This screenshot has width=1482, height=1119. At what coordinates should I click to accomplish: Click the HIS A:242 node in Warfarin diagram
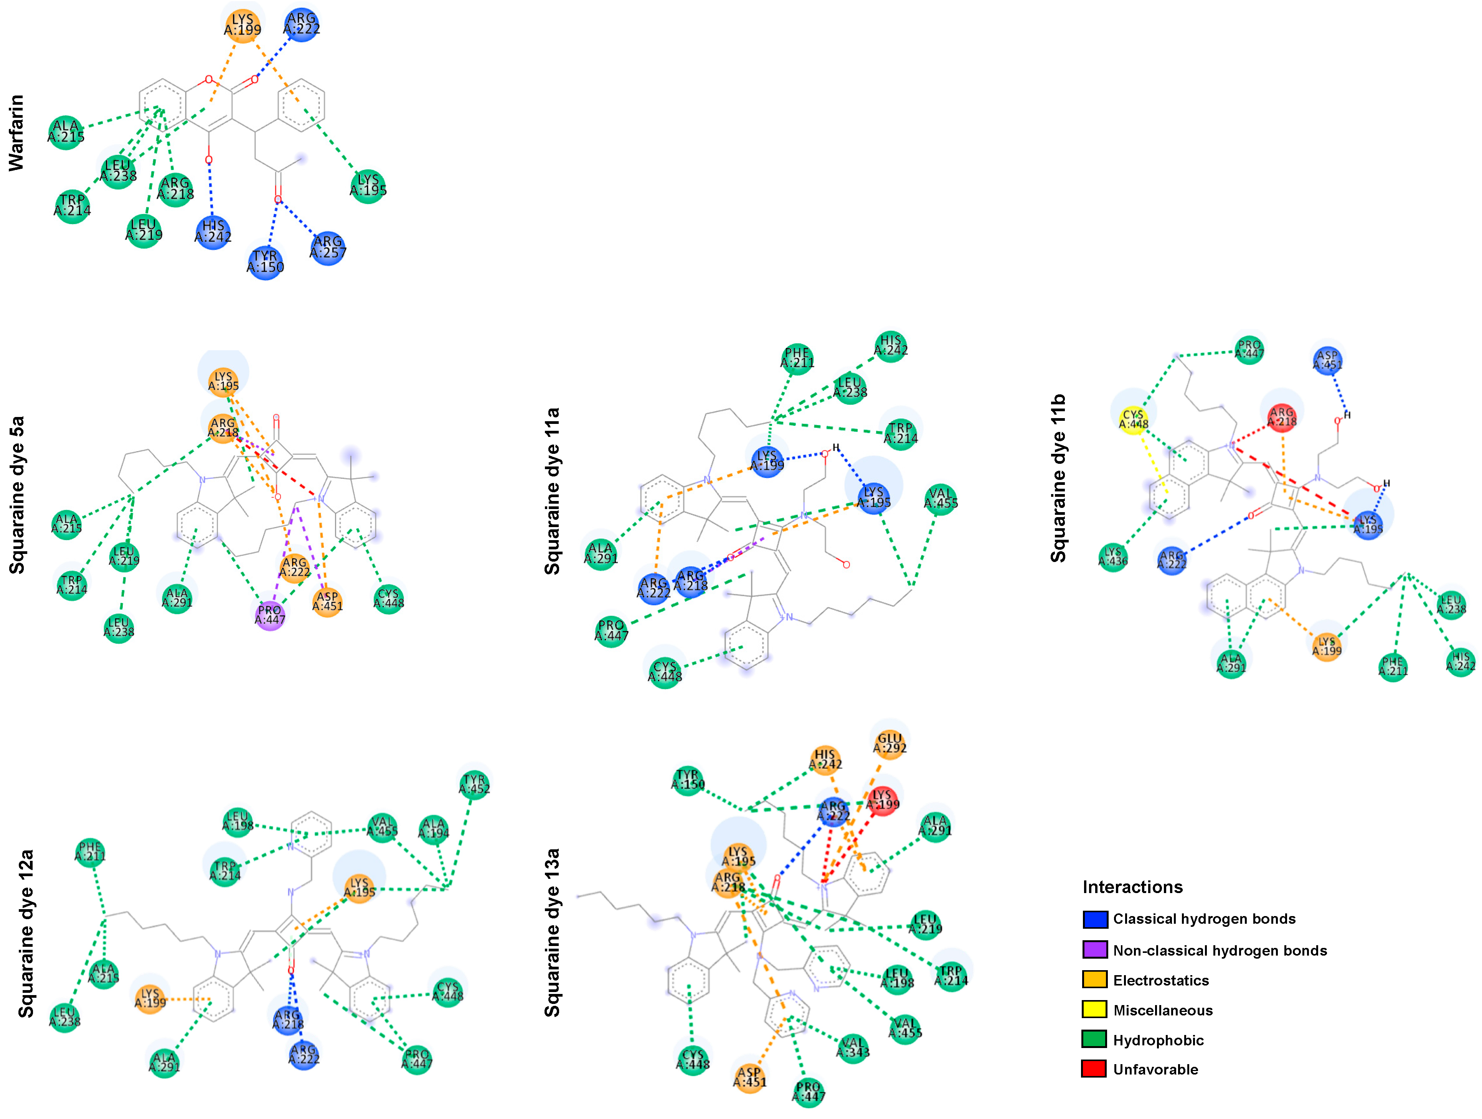[x=213, y=232]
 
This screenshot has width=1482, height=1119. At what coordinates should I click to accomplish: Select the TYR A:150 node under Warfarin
[x=265, y=262]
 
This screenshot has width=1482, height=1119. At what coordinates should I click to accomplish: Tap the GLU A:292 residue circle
[x=890, y=744]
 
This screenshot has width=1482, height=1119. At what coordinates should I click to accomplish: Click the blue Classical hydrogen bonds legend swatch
[x=1094, y=919]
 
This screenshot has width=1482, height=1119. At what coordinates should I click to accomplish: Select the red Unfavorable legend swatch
[x=1094, y=1069]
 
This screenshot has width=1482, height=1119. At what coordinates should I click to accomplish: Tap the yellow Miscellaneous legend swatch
[x=1094, y=1009]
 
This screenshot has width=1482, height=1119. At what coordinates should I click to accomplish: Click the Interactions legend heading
[x=1132, y=887]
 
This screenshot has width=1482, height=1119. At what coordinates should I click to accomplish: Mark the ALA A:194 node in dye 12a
[x=434, y=828]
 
